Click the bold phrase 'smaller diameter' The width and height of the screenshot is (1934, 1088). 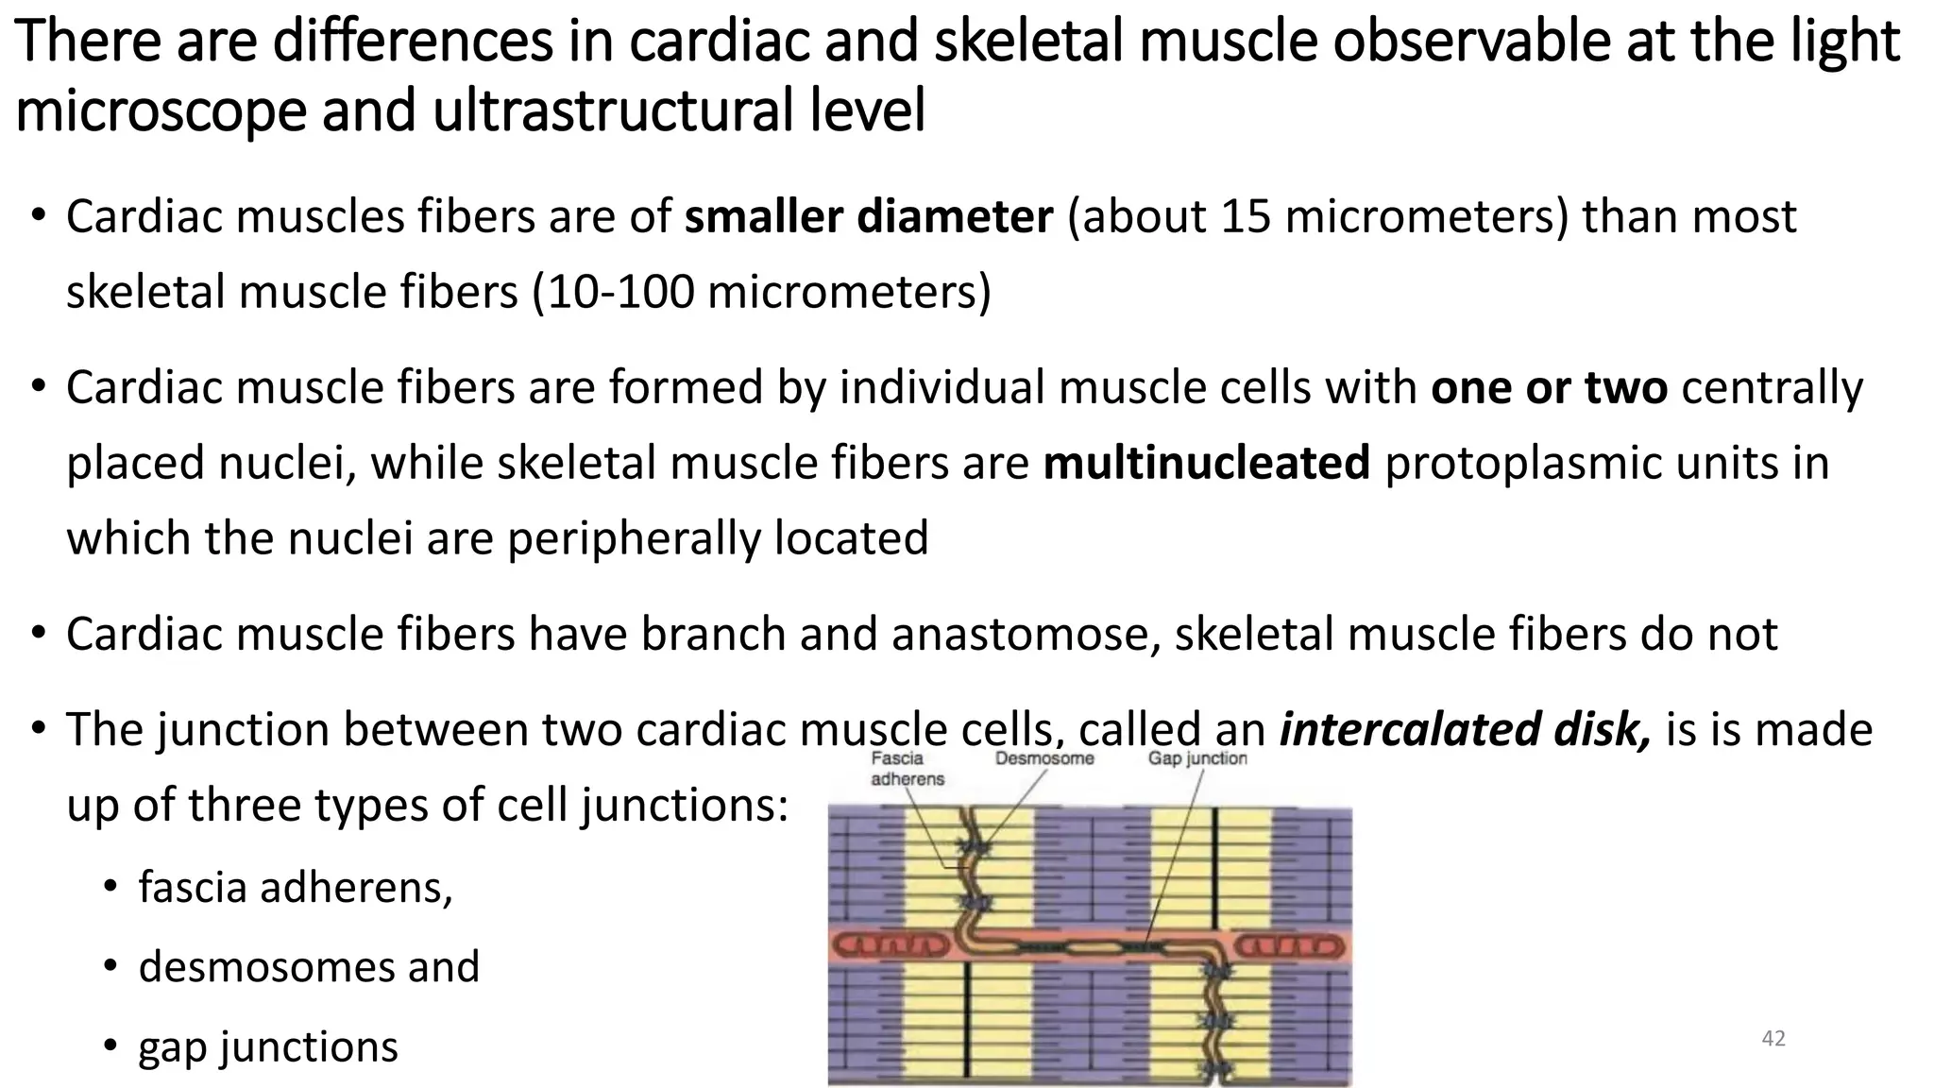pyautogui.click(x=868, y=217)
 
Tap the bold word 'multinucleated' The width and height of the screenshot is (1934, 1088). pyautogui.click(x=1206, y=463)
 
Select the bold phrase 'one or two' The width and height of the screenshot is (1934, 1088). pyautogui.click(x=1549, y=387)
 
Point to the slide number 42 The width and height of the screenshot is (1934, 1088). pyautogui.click(x=1773, y=1039)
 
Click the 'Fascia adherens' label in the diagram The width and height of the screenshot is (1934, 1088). pyautogui.click(x=907, y=768)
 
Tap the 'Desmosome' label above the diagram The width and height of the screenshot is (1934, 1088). pyautogui.click(x=1044, y=758)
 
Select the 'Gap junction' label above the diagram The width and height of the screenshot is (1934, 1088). pyautogui.click(x=1196, y=758)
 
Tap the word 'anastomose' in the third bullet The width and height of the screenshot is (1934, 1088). pyautogui.click(x=1025, y=634)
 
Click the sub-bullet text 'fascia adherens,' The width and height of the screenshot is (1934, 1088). pyautogui.click(x=296, y=887)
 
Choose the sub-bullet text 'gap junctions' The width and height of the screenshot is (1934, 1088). pyautogui.click(x=268, y=1046)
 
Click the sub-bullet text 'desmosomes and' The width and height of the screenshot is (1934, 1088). pyautogui.click(x=309, y=966)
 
